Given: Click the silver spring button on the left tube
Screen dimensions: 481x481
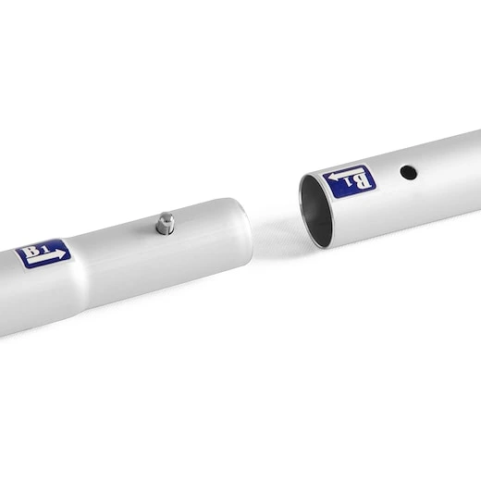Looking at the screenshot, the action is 165,223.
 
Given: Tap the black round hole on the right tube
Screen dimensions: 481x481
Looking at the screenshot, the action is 409,172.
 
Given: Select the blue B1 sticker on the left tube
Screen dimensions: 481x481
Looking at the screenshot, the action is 43,253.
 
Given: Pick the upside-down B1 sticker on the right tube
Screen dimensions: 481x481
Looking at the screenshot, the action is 350,181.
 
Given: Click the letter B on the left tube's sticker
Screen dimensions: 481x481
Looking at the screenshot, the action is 32,251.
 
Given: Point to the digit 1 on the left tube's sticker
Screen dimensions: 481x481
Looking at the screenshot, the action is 45,249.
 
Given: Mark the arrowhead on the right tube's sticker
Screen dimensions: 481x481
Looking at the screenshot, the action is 334,178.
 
